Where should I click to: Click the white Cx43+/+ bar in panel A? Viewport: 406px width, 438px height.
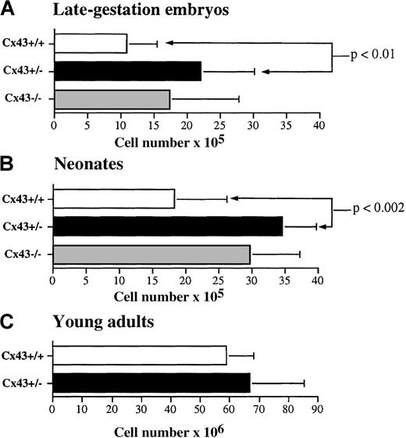pyautogui.click(x=90, y=44)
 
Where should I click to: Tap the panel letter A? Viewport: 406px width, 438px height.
pyautogui.click(x=10, y=10)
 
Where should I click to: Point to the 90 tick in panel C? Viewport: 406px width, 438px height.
pyautogui.click(x=317, y=408)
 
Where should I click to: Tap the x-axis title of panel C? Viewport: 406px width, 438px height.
pyautogui.click(x=171, y=427)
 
